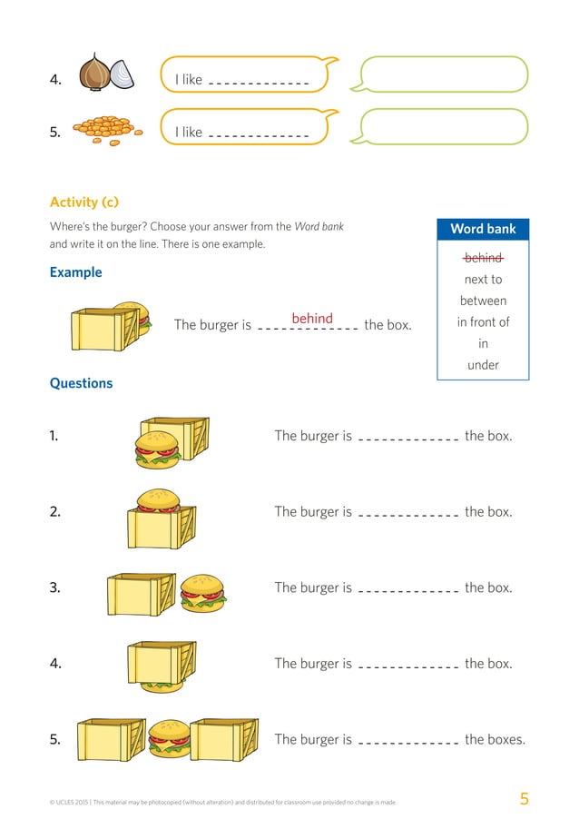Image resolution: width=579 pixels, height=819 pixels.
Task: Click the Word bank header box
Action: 483,229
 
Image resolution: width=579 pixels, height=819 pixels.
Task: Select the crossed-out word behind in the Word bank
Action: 483,258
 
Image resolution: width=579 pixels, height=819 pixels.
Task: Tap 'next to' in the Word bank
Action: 483,280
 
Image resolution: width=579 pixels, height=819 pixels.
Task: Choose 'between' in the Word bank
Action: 483,301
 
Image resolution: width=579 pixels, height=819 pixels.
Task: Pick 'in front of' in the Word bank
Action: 483,322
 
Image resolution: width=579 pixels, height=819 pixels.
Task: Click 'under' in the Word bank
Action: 483,365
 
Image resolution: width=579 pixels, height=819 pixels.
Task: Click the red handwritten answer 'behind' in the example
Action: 312,319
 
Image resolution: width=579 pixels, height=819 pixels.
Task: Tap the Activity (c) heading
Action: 83,202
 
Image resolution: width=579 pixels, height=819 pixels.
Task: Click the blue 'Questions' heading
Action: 81,383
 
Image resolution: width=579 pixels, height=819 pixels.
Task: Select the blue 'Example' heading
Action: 75,272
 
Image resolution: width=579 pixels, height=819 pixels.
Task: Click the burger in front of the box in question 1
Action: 157,449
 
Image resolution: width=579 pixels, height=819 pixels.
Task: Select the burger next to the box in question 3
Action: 202,591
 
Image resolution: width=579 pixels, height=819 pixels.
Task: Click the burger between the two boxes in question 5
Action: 170,738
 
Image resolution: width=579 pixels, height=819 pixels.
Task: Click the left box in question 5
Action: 111,738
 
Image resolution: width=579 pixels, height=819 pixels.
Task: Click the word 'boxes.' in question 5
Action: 495,739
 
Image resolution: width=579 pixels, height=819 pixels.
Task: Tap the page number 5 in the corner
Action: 524,799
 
